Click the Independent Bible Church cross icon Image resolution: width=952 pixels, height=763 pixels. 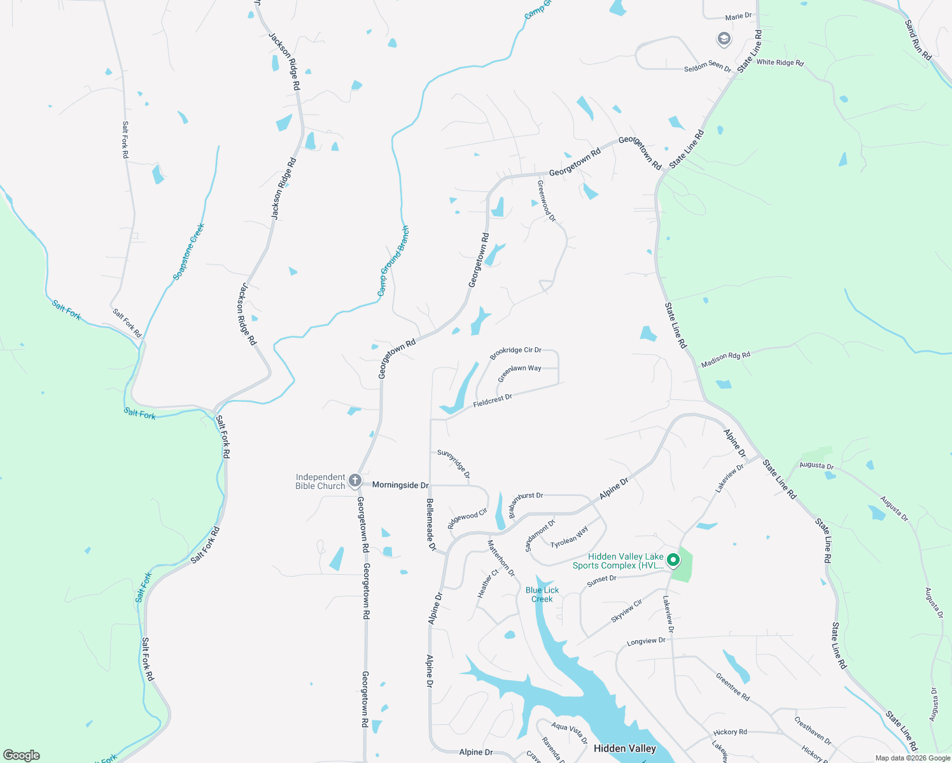tap(355, 481)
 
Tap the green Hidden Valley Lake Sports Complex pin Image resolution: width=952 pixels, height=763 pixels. tap(673, 560)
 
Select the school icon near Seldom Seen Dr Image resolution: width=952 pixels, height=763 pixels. tap(724, 39)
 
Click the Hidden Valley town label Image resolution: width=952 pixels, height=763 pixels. tap(624, 748)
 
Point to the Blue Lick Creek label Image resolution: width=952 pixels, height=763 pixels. tap(542, 595)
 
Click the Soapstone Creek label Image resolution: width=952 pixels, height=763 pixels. tap(189, 252)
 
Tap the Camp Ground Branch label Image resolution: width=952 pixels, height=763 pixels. tap(393, 261)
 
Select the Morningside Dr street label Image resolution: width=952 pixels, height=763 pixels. tap(400, 485)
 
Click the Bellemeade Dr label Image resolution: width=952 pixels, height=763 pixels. tap(431, 525)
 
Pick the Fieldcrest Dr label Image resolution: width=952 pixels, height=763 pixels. tap(493, 401)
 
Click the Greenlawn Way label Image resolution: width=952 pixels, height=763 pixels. tap(519, 373)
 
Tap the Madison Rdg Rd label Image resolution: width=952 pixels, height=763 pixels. tap(725, 359)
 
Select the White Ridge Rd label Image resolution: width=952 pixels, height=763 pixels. tap(780, 62)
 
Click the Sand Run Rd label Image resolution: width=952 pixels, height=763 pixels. tap(918, 40)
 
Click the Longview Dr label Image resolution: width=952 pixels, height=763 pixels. tap(646, 642)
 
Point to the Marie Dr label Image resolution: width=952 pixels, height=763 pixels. tap(738, 17)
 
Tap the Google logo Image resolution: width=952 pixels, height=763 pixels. tap(22, 755)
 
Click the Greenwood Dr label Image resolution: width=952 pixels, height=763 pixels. tap(546, 201)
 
